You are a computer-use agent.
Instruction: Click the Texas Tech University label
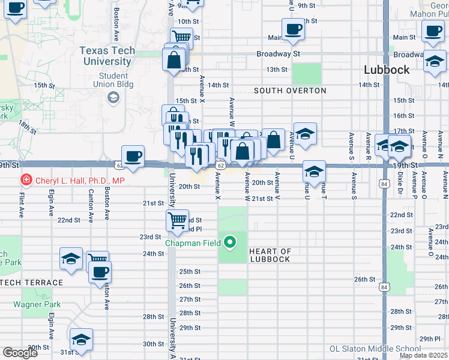click(107, 56)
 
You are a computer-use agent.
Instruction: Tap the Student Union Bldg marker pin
click(112, 97)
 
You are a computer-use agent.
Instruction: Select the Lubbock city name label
click(387, 70)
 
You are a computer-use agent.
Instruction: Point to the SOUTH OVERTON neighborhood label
click(290, 91)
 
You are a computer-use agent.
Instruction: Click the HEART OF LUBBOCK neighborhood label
click(270, 256)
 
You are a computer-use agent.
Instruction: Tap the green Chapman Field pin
click(229, 243)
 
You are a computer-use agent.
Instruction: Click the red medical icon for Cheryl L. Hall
click(26, 180)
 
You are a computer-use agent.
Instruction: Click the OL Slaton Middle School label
click(375, 349)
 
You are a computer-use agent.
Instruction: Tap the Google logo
click(20, 353)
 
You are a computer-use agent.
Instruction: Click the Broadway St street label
click(278, 53)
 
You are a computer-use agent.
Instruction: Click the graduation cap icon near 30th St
click(80, 339)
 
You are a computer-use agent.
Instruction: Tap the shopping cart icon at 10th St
click(181, 37)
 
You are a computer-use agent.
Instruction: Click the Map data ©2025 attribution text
click(423, 355)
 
